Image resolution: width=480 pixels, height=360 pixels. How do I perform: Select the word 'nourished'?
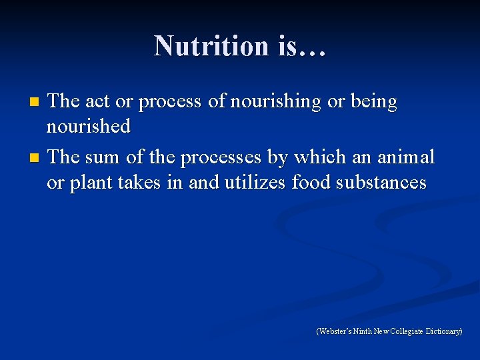[89, 126]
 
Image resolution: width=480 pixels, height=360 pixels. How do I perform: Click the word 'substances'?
[385, 182]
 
